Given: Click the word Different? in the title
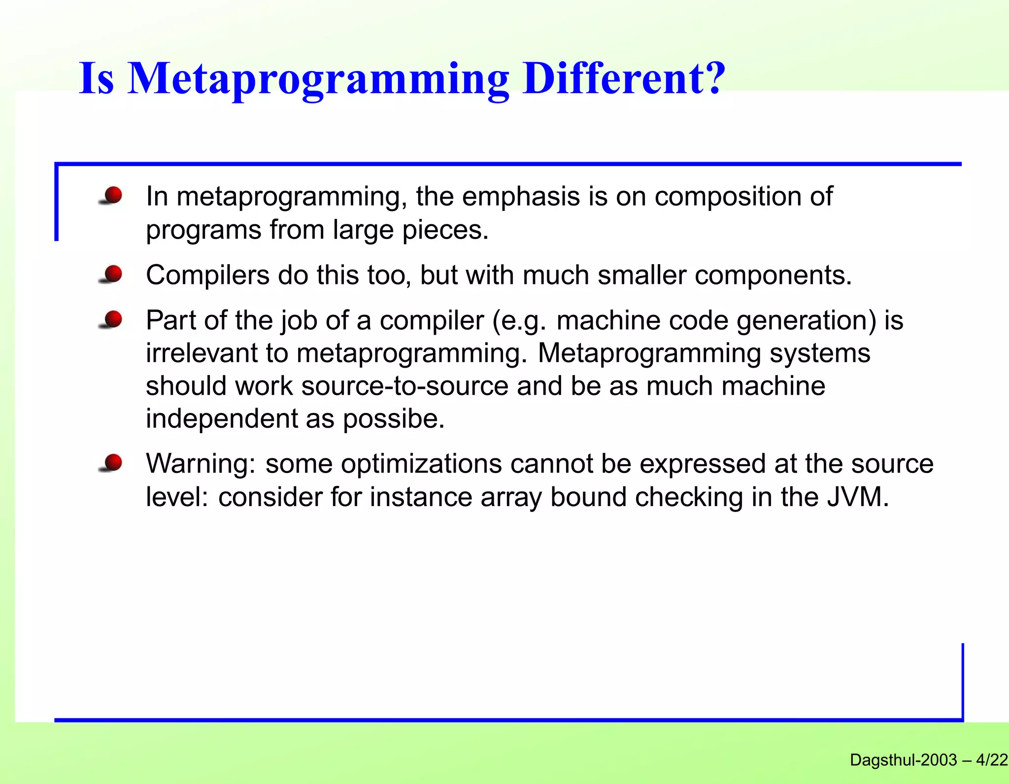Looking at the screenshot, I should click(x=624, y=79).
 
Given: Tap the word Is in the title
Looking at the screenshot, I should click(x=97, y=79).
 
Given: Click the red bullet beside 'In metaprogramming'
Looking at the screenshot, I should click(x=113, y=196).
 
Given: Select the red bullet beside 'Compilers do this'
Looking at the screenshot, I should click(x=113, y=274).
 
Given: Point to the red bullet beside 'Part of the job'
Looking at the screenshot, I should click(x=113, y=319).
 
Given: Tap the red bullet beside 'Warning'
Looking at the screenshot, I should click(x=113, y=463).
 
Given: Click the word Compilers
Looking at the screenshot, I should click(x=207, y=275).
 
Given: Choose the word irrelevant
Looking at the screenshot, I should click(x=202, y=353).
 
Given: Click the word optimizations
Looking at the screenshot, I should click(x=421, y=464).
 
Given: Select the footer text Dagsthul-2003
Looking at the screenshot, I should click(x=903, y=760).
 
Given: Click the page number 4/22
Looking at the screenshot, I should click(x=992, y=760).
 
